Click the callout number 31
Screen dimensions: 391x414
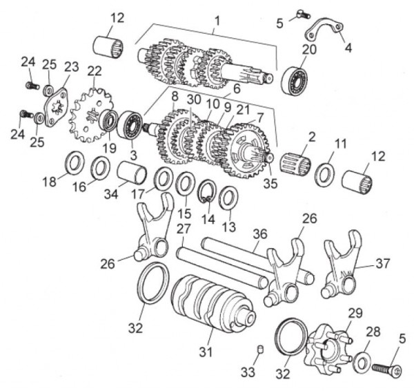[x=202, y=352]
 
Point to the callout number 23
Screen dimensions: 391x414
[x=72, y=66]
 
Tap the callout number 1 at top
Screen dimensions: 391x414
[x=217, y=12]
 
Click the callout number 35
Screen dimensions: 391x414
[x=270, y=182]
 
